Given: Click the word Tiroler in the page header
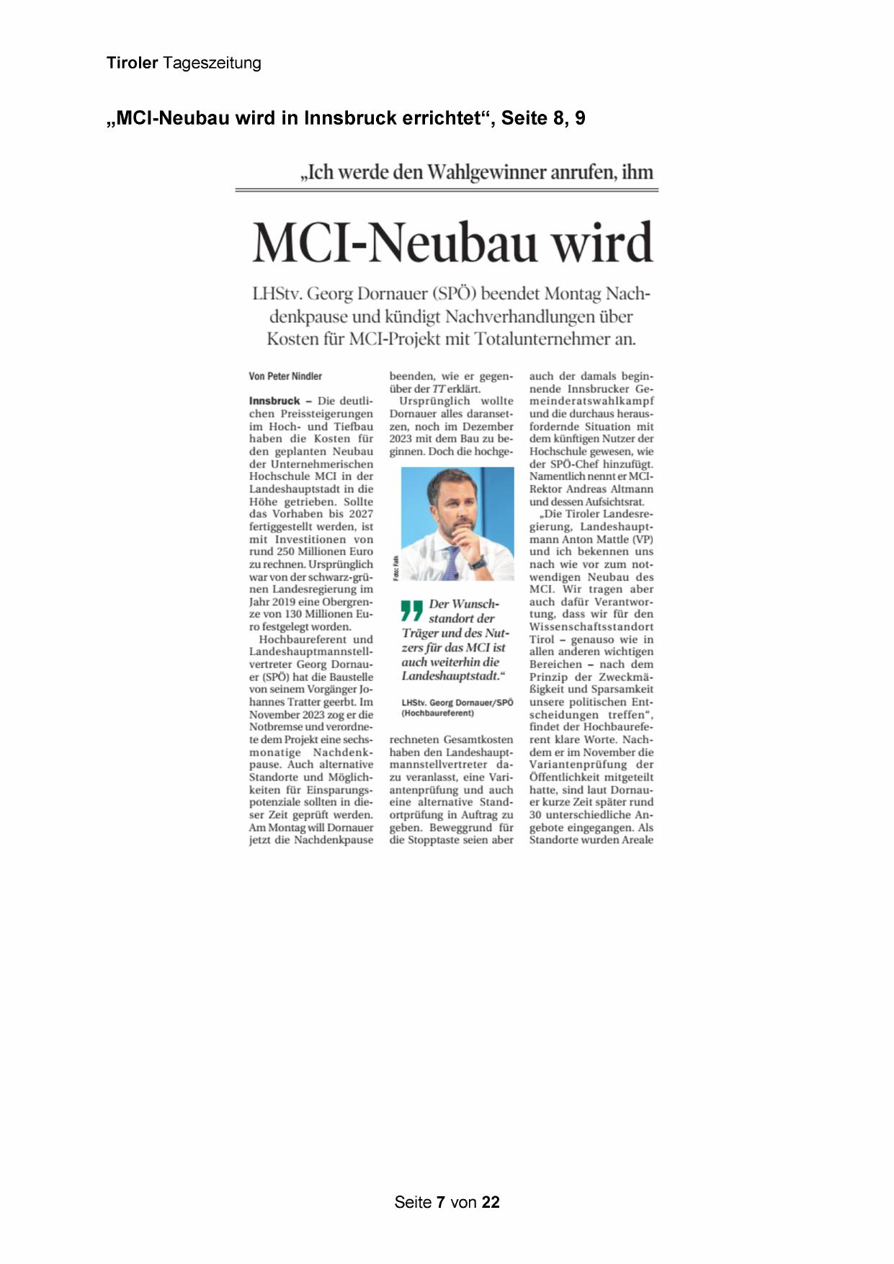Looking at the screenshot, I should coord(132,63).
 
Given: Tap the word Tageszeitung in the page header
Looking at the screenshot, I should coord(212,63).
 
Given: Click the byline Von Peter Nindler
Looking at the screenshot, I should coord(285,376).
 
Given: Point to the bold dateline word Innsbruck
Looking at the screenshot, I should coord(274,401).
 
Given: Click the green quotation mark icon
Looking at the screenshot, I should coord(411,610).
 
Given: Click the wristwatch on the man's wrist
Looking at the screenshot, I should coord(476,561).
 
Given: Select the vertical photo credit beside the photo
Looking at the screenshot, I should coord(395,569).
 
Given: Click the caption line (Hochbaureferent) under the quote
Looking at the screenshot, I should coord(438,713).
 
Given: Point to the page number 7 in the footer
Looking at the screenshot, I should coord(440,1202).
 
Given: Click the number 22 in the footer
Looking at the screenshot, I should coord(491,1202).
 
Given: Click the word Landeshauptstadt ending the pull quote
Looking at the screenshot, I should coord(451,676).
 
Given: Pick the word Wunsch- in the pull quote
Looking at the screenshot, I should coord(464,604).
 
